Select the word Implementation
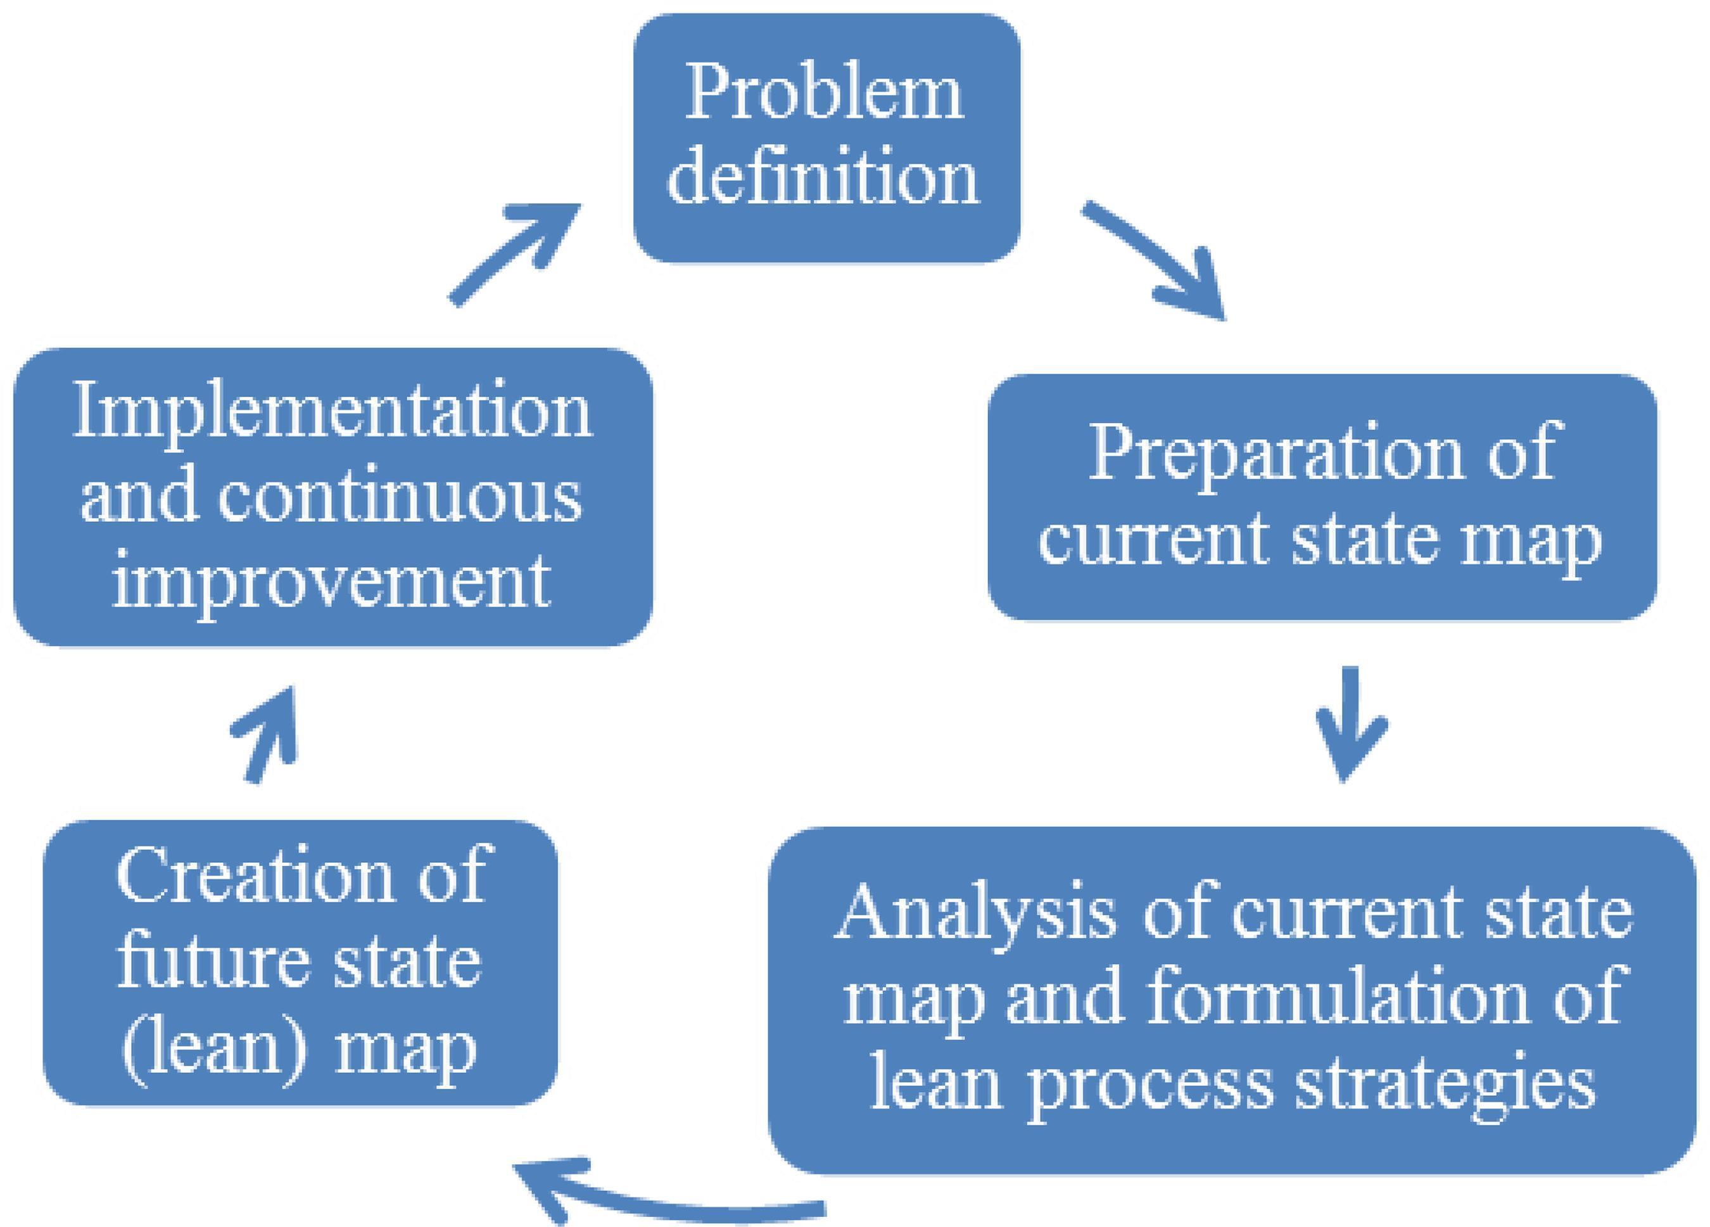(332, 412)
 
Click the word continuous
(400, 497)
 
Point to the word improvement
(332, 582)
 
